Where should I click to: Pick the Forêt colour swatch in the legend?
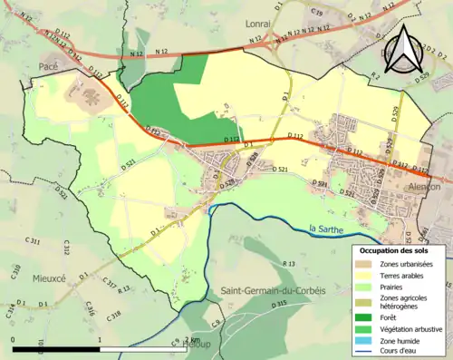click(366, 316)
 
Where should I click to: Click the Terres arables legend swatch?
click(366, 276)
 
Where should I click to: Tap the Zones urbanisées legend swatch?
click(366, 263)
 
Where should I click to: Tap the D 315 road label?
click(277, 303)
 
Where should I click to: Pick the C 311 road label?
click(34, 242)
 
